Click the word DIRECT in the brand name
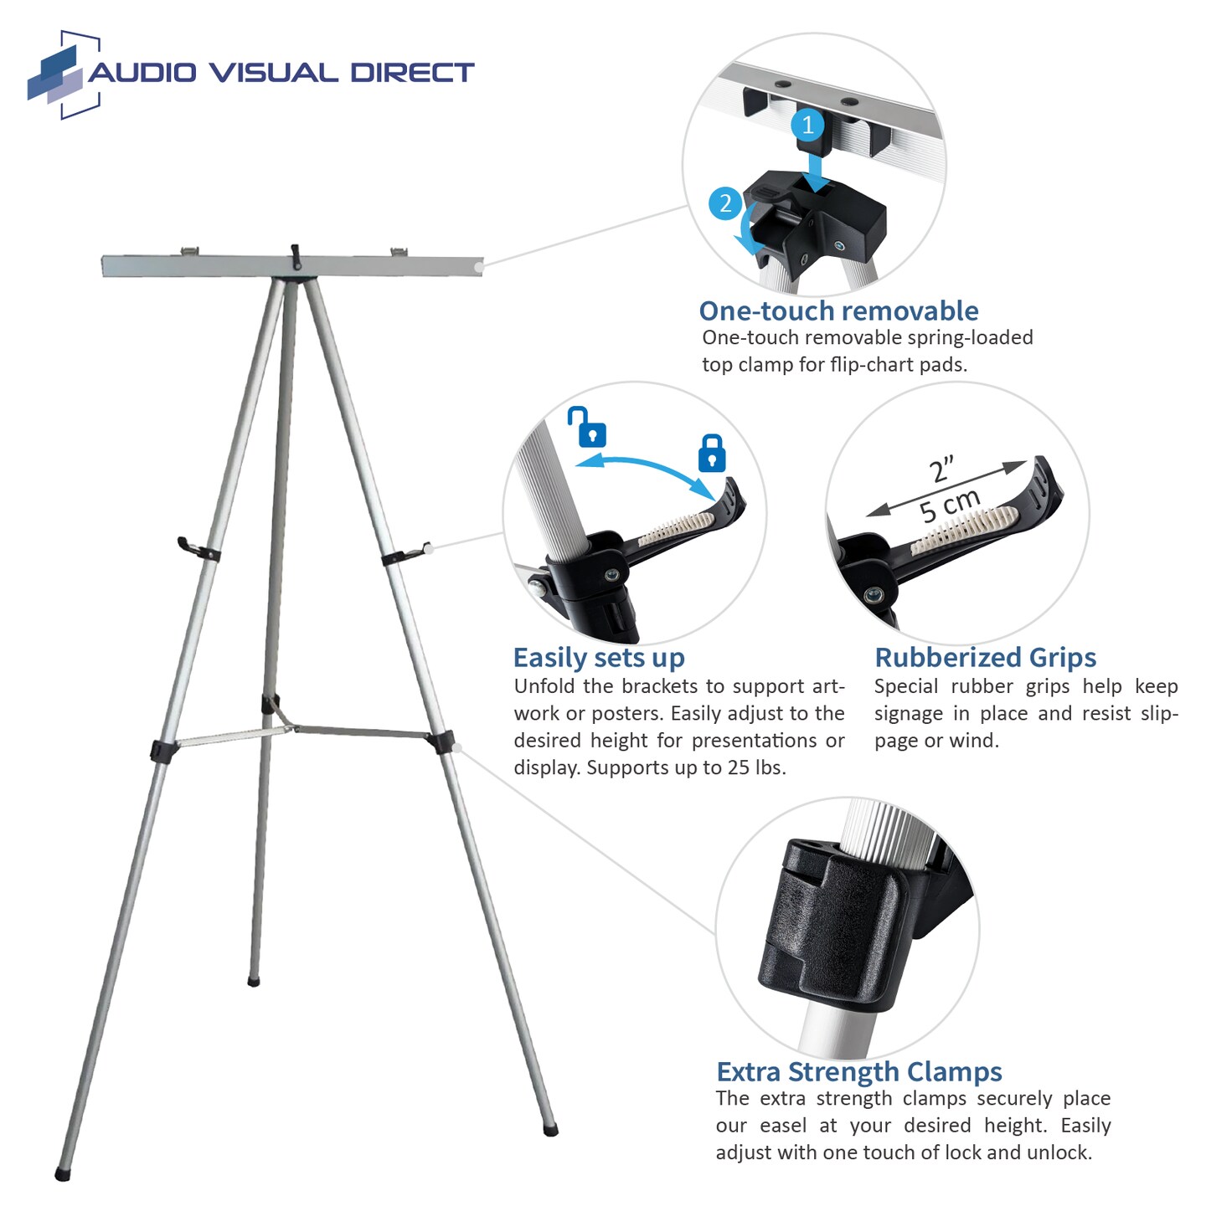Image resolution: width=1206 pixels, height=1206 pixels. (411, 73)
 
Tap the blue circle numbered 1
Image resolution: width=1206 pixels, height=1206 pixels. (807, 126)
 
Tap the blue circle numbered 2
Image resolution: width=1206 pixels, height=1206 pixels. (725, 203)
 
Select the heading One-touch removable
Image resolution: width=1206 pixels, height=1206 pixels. (838, 311)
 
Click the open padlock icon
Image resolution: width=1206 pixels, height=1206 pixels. (587, 427)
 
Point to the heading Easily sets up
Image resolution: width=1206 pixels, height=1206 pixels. (599, 658)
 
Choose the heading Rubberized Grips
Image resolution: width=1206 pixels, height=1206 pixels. (985, 658)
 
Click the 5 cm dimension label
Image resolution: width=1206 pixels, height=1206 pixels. (949, 505)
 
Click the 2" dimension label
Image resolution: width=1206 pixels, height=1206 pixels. (942, 470)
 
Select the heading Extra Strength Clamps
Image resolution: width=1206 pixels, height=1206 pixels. (858, 1072)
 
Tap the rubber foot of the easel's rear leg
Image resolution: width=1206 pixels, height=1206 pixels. (254, 980)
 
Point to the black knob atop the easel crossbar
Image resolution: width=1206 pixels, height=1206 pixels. (295, 255)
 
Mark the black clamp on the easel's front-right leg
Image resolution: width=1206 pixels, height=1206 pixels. (441, 742)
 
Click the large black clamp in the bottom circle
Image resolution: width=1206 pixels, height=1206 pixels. (837, 921)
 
